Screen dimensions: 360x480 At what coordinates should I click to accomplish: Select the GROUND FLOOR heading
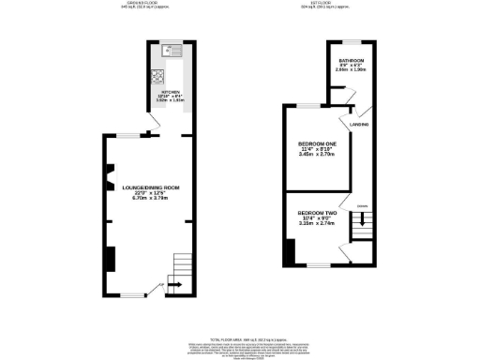(x=142, y=4)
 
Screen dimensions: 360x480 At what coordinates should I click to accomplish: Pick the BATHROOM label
(x=352, y=61)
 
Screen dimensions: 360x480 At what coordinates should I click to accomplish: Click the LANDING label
(x=358, y=124)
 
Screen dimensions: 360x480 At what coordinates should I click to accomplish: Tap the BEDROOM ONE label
(x=316, y=142)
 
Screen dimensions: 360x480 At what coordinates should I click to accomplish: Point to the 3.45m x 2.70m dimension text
(x=316, y=155)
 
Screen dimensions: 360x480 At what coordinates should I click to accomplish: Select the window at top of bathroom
(x=350, y=42)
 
